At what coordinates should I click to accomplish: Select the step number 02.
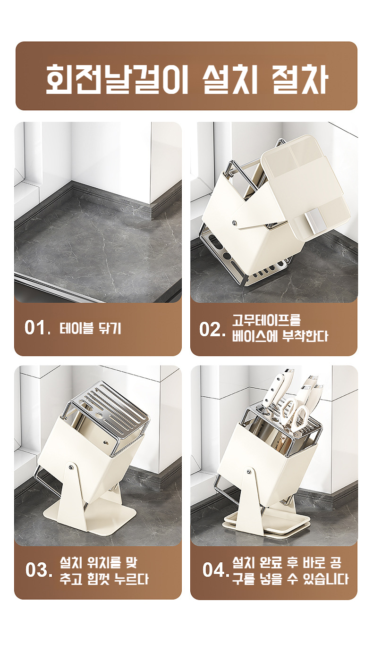212,329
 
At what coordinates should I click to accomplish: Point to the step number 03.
39,570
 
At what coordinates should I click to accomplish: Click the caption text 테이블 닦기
90,328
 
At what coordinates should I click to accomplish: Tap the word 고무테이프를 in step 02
266,320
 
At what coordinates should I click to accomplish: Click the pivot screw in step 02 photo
234,223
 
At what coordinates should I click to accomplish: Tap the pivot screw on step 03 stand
70,467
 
